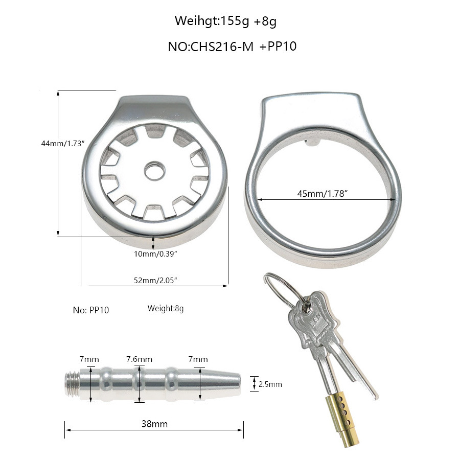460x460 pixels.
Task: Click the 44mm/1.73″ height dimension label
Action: point(63,144)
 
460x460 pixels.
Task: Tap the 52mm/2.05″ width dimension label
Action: point(155,280)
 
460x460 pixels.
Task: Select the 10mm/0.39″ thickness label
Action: point(155,254)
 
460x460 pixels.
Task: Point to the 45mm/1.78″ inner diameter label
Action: point(323,194)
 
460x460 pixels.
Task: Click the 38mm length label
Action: point(154,424)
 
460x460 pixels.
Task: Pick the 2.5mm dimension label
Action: point(270,384)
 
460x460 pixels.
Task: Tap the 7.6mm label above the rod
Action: point(140,359)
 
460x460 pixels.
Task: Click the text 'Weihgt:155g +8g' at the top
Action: point(225,21)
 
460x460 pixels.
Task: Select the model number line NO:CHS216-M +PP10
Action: point(232,47)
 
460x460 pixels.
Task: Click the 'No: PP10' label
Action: point(91,310)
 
